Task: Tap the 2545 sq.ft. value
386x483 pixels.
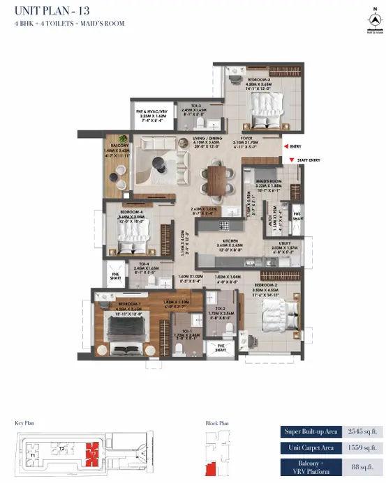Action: tap(361, 432)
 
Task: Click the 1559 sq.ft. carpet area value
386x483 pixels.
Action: tap(361, 448)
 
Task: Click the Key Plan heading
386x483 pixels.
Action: tap(24, 423)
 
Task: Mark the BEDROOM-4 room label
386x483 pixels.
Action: tap(132, 211)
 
